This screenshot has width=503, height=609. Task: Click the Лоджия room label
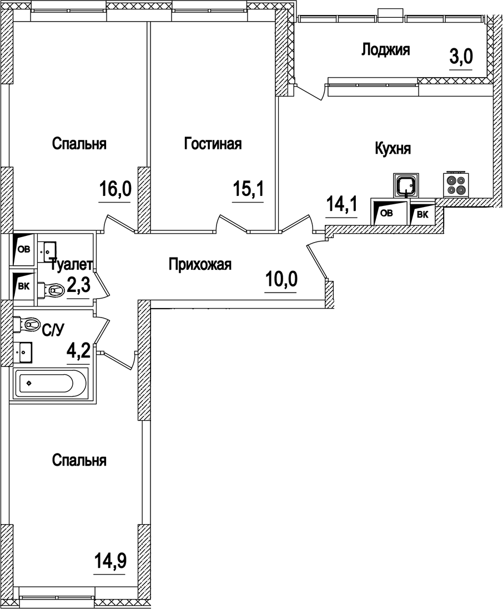click(x=385, y=50)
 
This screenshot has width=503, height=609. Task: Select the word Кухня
click(x=393, y=149)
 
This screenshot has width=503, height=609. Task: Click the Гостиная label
click(x=213, y=144)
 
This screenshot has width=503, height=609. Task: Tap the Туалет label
click(x=70, y=265)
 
